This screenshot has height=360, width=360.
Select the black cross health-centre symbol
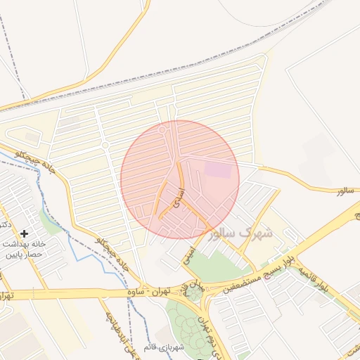click(25, 233)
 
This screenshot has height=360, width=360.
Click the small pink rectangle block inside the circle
click(217, 169)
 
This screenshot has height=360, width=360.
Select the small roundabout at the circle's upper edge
click(163, 130)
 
